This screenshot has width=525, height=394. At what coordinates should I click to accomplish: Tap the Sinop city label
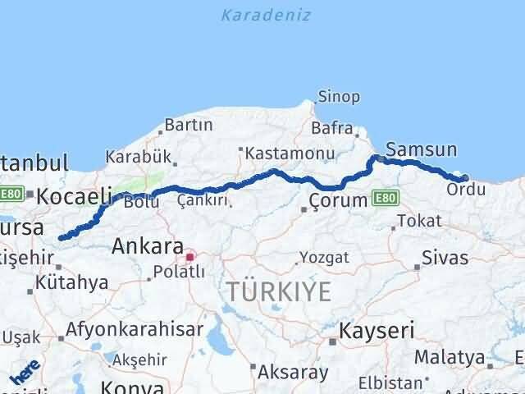click(338, 97)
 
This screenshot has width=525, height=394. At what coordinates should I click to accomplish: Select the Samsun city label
click(421, 149)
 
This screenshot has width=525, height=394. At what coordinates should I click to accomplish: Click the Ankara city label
click(148, 245)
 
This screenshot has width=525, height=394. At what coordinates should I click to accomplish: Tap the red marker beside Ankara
click(190, 257)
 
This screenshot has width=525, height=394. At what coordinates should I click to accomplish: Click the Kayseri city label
click(379, 331)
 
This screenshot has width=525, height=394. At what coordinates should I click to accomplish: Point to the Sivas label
click(445, 258)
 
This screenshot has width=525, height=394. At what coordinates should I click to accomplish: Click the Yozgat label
click(324, 258)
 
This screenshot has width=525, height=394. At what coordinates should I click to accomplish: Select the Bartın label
click(189, 126)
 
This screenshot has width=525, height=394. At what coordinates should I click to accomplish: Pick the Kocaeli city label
click(75, 196)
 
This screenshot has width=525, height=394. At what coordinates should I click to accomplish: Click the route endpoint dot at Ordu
click(465, 177)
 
